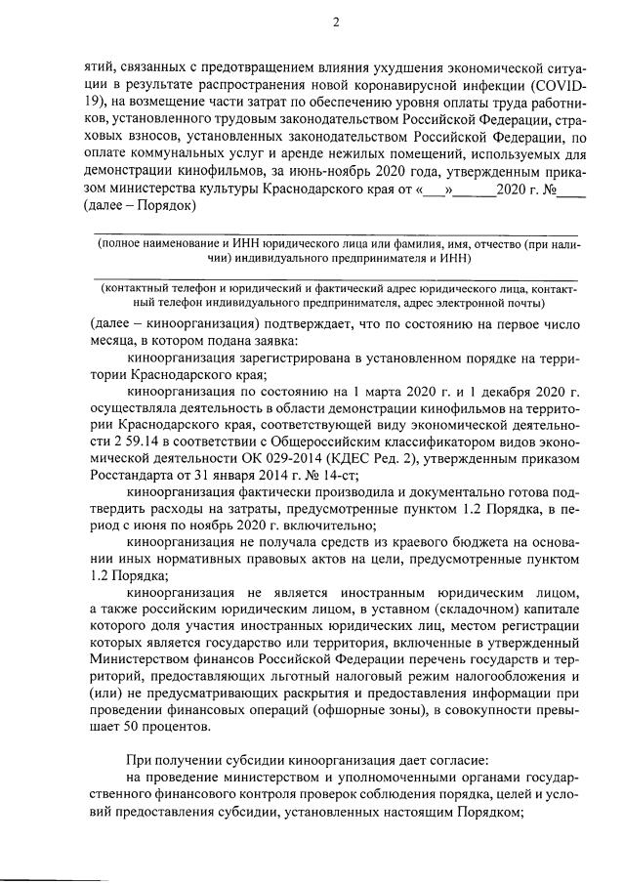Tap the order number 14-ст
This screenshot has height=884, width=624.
308,492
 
